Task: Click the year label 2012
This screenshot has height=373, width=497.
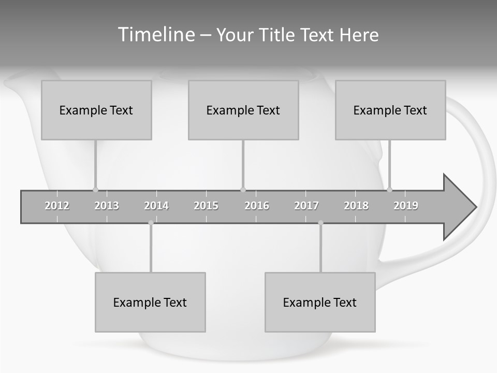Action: tap(57, 206)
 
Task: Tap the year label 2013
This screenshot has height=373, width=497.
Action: tap(107, 206)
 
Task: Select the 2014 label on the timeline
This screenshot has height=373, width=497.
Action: tap(156, 206)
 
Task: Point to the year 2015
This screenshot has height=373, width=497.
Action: tap(206, 206)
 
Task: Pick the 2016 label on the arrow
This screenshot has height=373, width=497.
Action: tap(257, 206)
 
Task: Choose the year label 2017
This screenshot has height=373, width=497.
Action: tap(306, 206)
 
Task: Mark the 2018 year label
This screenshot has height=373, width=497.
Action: tap(356, 206)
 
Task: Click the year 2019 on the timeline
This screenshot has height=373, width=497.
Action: tap(406, 206)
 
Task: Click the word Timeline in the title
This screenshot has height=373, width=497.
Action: tap(156, 35)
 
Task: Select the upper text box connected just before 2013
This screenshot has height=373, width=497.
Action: tap(96, 110)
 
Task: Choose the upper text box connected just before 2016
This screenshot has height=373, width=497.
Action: tap(243, 110)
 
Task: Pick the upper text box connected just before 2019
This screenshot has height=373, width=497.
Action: tap(390, 110)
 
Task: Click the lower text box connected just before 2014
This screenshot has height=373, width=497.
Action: tap(150, 302)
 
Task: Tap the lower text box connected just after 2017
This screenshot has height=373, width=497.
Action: tap(320, 302)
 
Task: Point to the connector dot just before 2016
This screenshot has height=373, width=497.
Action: tap(243, 190)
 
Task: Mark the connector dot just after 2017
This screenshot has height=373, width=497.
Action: tap(320, 223)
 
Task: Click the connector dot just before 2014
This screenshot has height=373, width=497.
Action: tap(151, 223)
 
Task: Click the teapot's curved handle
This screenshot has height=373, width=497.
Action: tap(484, 171)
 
